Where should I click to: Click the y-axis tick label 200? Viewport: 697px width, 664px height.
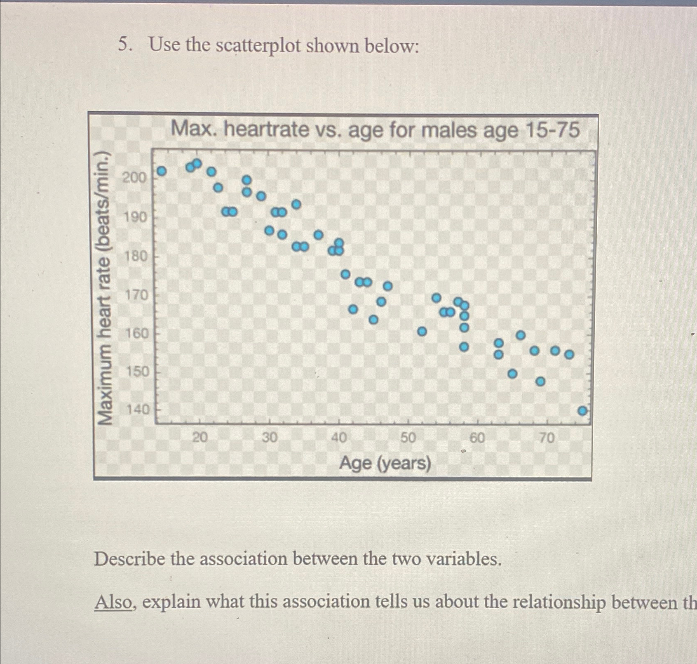[x=134, y=178]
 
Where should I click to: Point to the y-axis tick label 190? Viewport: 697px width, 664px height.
[x=135, y=217]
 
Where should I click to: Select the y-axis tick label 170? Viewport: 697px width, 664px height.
[x=136, y=295]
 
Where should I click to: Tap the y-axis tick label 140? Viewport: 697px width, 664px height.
[x=137, y=410]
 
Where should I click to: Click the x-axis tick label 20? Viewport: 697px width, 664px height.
[x=200, y=437]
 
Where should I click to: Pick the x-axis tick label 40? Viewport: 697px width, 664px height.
[x=339, y=437]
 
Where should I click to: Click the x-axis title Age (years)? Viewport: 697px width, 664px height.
[x=385, y=464]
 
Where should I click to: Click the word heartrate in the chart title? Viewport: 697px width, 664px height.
[x=266, y=130]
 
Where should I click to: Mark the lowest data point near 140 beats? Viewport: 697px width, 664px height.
[x=582, y=411]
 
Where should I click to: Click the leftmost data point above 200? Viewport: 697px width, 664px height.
[x=162, y=171]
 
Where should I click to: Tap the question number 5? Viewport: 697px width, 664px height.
[x=125, y=44]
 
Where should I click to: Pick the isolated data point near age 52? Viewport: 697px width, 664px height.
[x=422, y=331]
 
